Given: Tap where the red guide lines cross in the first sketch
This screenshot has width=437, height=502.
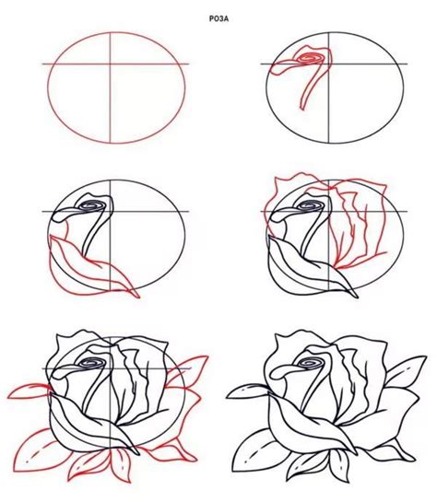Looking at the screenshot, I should tap(113, 64).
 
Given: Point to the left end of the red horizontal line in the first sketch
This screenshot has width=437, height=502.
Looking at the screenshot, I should tap(43, 64).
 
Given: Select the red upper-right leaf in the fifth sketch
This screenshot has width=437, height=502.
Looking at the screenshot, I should tap(184, 369).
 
